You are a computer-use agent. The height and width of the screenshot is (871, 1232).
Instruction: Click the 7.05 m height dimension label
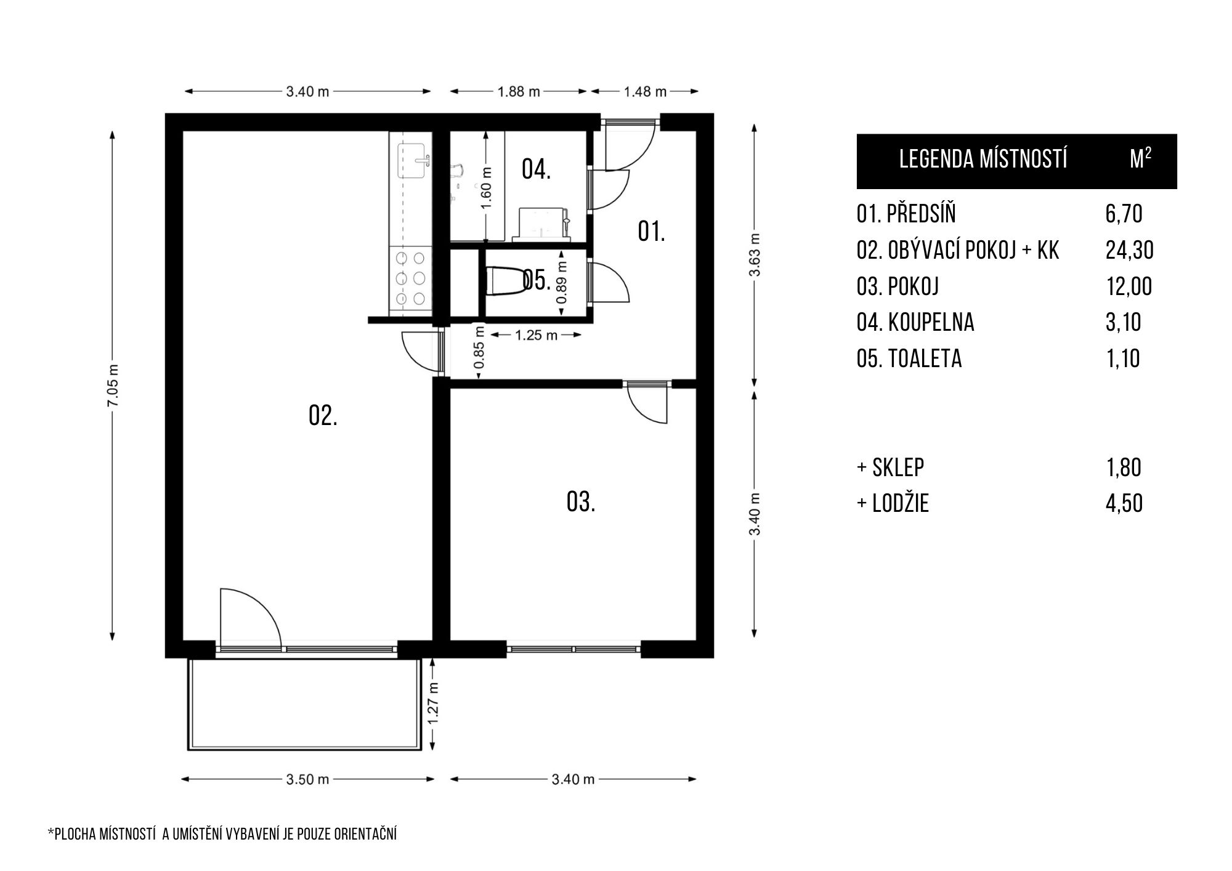click(x=113, y=386)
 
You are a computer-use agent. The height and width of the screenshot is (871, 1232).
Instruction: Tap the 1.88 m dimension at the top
click(x=519, y=92)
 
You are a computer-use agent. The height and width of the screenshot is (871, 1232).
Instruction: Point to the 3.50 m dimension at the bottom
click(x=307, y=779)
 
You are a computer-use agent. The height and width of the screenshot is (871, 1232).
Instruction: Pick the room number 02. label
click(x=323, y=416)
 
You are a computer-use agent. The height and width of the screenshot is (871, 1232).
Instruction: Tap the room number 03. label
click(x=581, y=502)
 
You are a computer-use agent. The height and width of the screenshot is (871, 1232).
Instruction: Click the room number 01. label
click(x=651, y=232)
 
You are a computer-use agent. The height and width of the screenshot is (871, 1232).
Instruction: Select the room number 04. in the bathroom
click(x=536, y=169)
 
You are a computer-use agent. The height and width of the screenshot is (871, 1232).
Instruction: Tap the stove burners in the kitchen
click(x=410, y=278)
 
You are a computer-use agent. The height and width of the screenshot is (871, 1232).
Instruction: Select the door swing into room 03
click(x=648, y=403)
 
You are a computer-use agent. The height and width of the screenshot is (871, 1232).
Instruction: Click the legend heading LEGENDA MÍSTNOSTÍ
click(x=983, y=160)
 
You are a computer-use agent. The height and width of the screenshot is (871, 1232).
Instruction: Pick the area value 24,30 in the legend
click(x=1129, y=250)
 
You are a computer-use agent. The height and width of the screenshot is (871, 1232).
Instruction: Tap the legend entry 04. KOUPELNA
click(x=915, y=322)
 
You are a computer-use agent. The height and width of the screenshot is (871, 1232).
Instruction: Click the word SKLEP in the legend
click(x=898, y=468)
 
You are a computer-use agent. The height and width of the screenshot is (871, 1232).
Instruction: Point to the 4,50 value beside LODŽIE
click(x=1124, y=503)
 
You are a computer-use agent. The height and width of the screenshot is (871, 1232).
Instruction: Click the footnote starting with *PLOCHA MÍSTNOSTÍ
click(x=222, y=835)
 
